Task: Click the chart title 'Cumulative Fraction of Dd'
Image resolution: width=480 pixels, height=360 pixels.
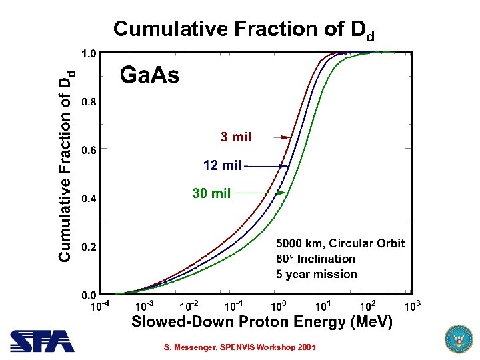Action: pyautogui.click(x=243, y=29)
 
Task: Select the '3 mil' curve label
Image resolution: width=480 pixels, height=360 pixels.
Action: pyautogui.click(x=236, y=137)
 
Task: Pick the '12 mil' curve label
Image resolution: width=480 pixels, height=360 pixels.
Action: pyautogui.click(x=223, y=165)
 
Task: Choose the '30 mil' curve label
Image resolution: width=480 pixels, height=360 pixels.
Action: pyautogui.click(x=211, y=193)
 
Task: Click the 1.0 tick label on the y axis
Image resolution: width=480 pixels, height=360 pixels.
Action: pyautogui.click(x=87, y=53)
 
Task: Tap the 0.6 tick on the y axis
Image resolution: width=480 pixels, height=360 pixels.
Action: pyautogui.click(x=87, y=150)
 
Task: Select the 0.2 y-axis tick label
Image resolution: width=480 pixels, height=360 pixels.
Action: pyautogui.click(x=87, y=247)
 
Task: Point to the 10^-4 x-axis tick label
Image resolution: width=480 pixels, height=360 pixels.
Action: pyautogui.click(x=100, y=307)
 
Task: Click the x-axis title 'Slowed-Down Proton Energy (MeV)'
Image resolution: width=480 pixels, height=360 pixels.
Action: pyautogui.click(x=262, y=323)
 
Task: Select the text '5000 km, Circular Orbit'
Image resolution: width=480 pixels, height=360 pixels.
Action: pyautogui.click(x=340, y=243)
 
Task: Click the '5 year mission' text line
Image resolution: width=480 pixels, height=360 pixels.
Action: pyautogui.click(x=317, y=274)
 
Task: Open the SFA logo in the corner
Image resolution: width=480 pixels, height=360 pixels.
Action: pyautogui.click(x=42, y=341)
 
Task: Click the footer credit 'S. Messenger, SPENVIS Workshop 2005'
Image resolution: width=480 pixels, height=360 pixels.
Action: pyautogui.click(x=240, y=348)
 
